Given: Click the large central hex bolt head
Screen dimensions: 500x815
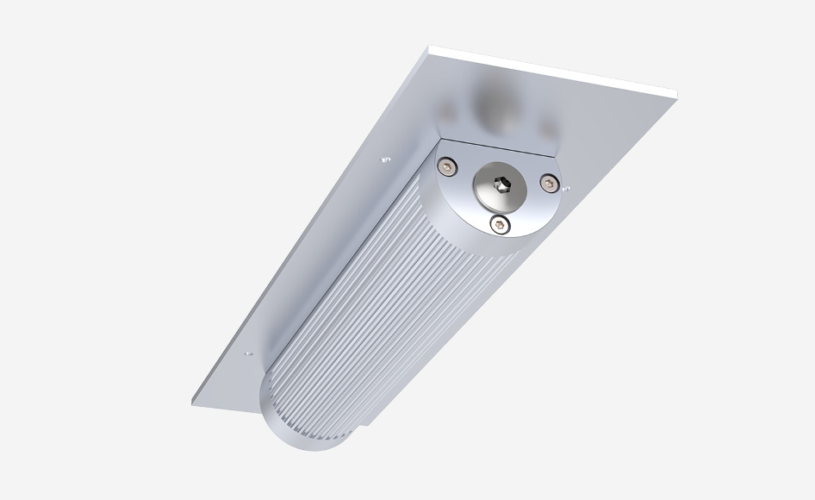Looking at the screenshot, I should coord(500,185).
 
